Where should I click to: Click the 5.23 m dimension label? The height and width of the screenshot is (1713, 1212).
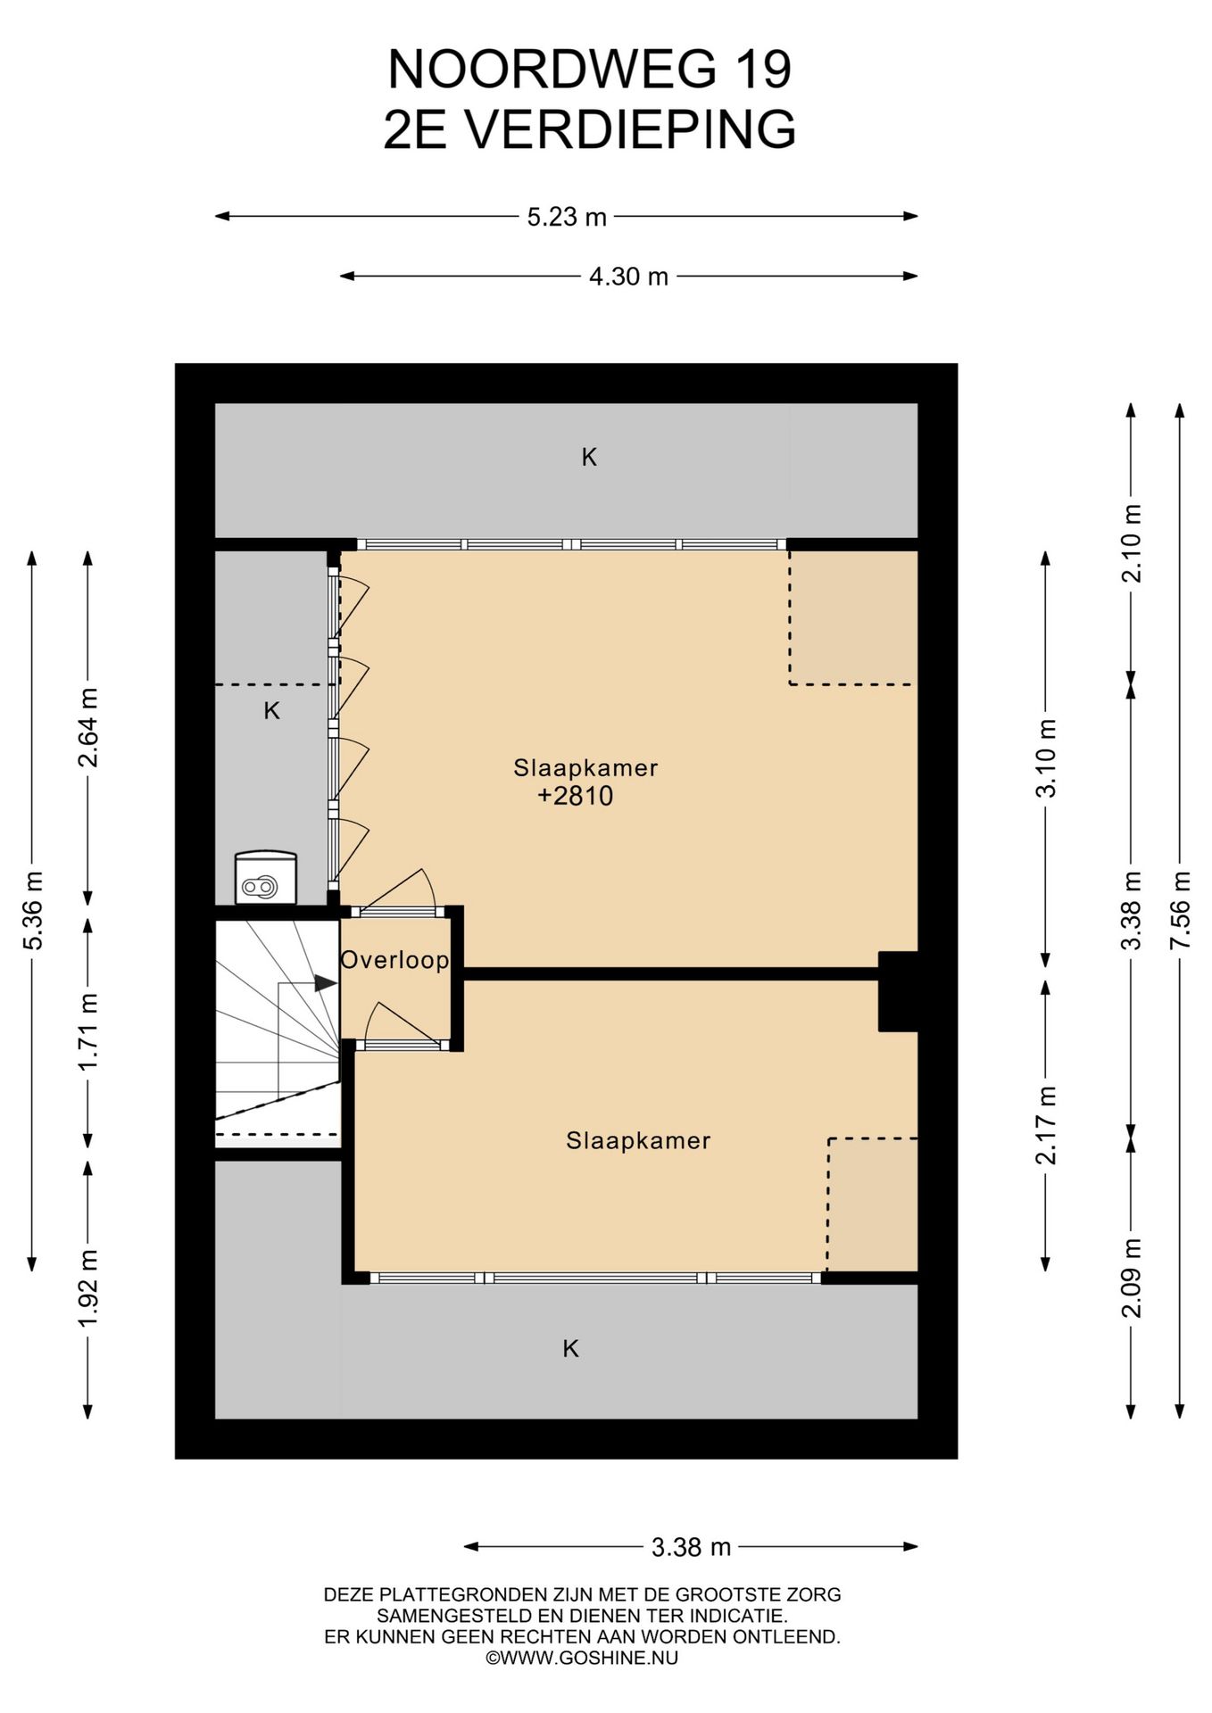[566, 217]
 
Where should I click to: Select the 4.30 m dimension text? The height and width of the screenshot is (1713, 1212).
[628, 277]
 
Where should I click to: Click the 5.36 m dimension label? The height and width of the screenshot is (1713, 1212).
[33, 910]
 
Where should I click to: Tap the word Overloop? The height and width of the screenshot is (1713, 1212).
[394, 960]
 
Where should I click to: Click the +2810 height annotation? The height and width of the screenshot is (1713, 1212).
[576, 796]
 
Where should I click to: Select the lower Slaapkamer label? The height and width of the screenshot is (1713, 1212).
[638, 1140]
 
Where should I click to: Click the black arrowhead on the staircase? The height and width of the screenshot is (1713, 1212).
[325, 983]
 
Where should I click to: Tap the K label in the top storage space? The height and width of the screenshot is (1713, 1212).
[589, 458]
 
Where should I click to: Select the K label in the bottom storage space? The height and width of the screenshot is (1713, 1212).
[571, 1348]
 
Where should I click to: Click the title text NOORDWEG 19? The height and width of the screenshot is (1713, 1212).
[590, 70]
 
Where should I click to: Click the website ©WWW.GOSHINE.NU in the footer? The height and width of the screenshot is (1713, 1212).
[582, 1658]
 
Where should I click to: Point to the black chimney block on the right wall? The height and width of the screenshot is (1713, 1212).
[898, 991]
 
